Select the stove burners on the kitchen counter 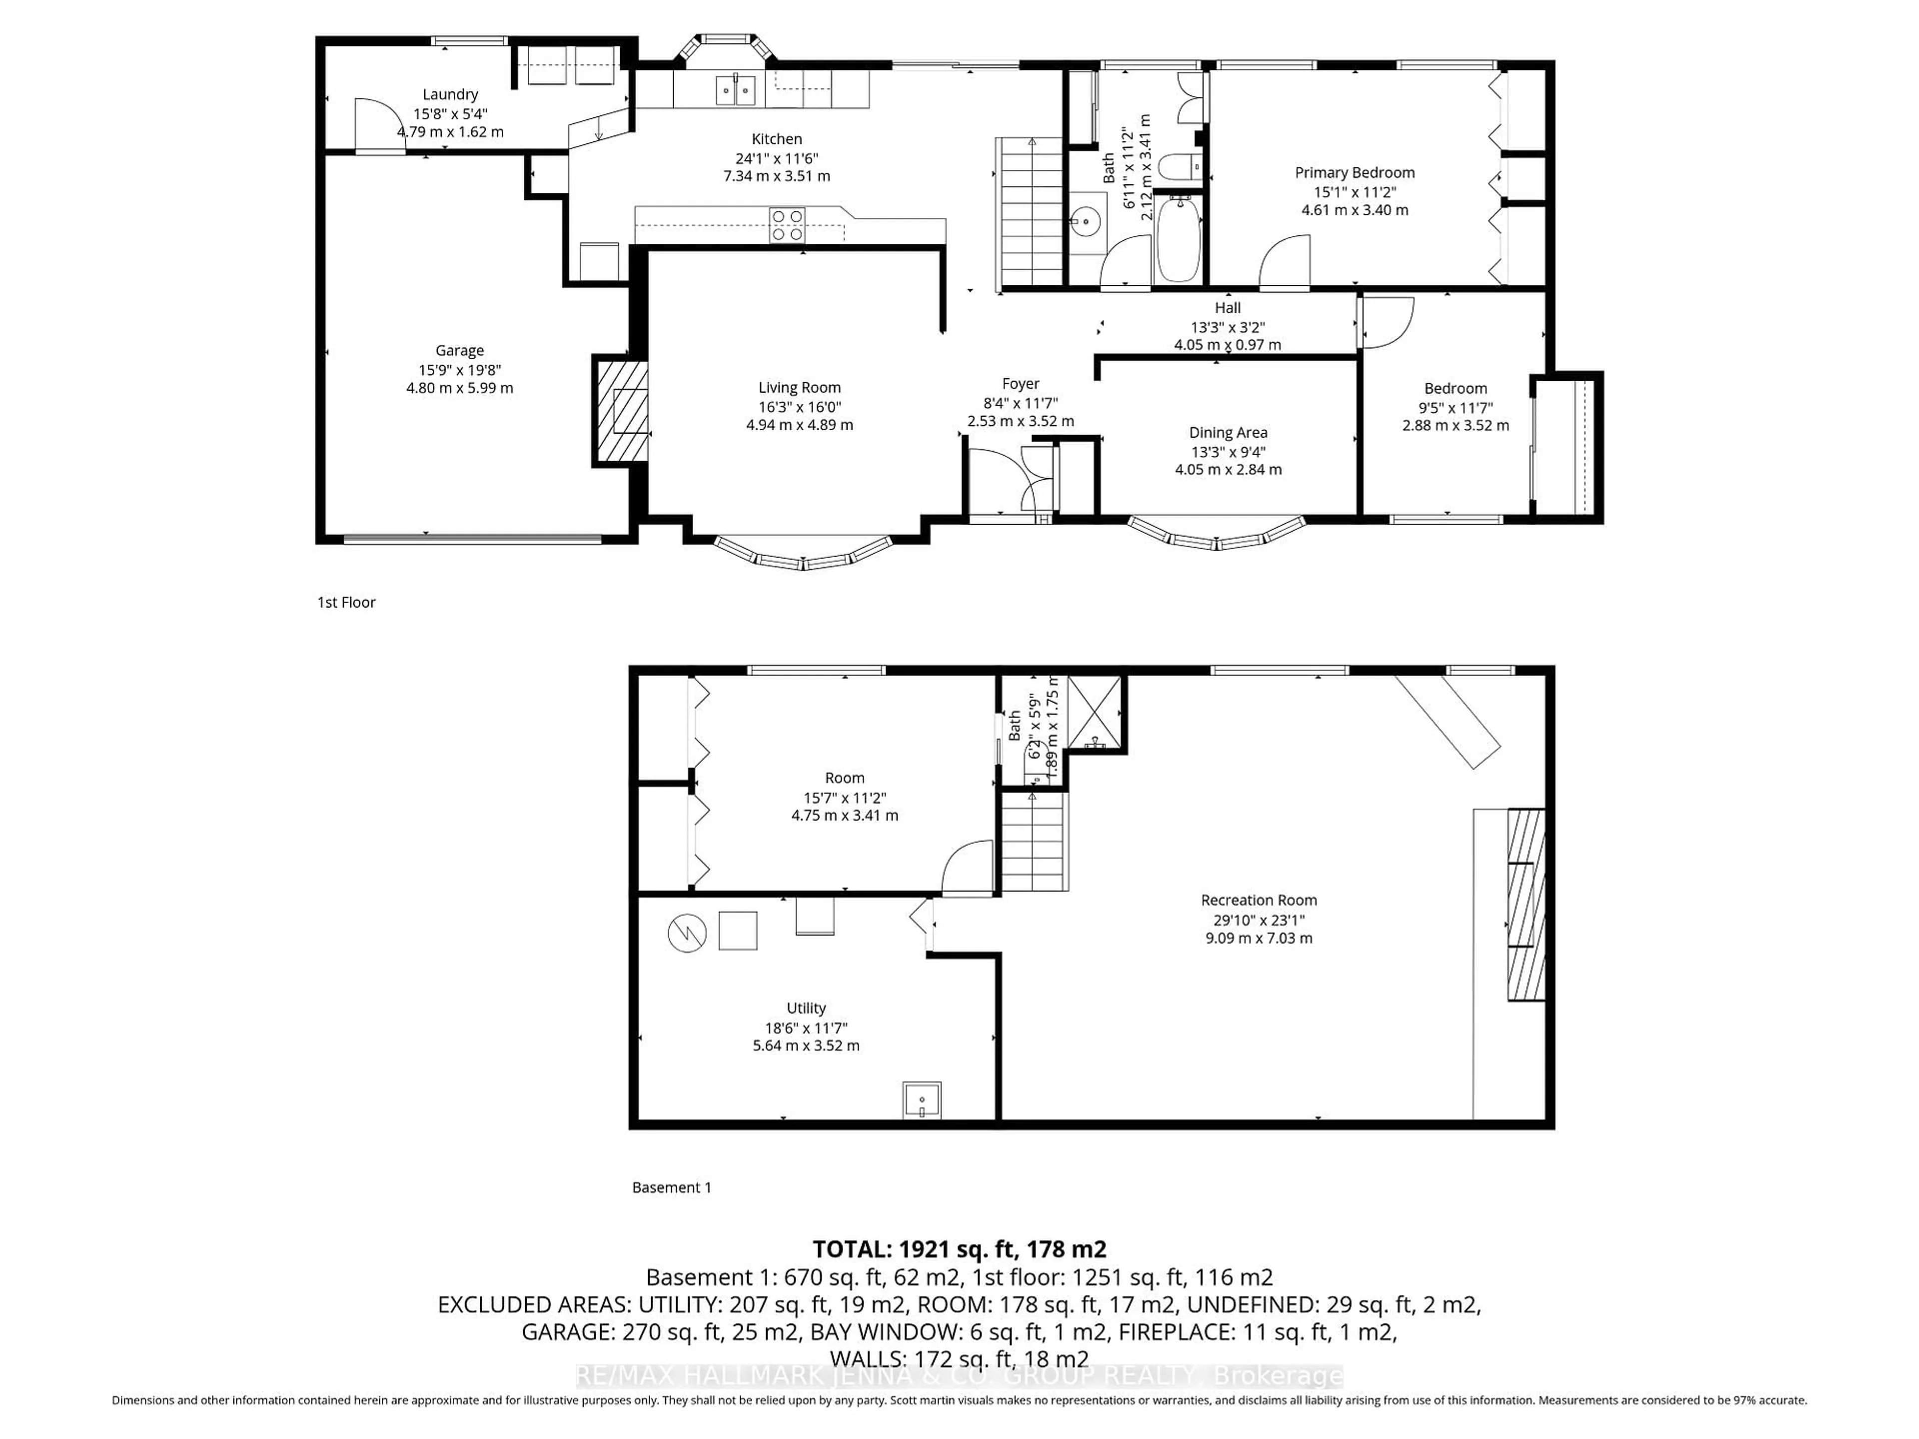(x=787, y=225)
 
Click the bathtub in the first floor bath (x=1178, y=238)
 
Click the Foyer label (x=1020, y=383)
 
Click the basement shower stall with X (x=1094, y=712)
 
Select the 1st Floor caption (x=346, y=602)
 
